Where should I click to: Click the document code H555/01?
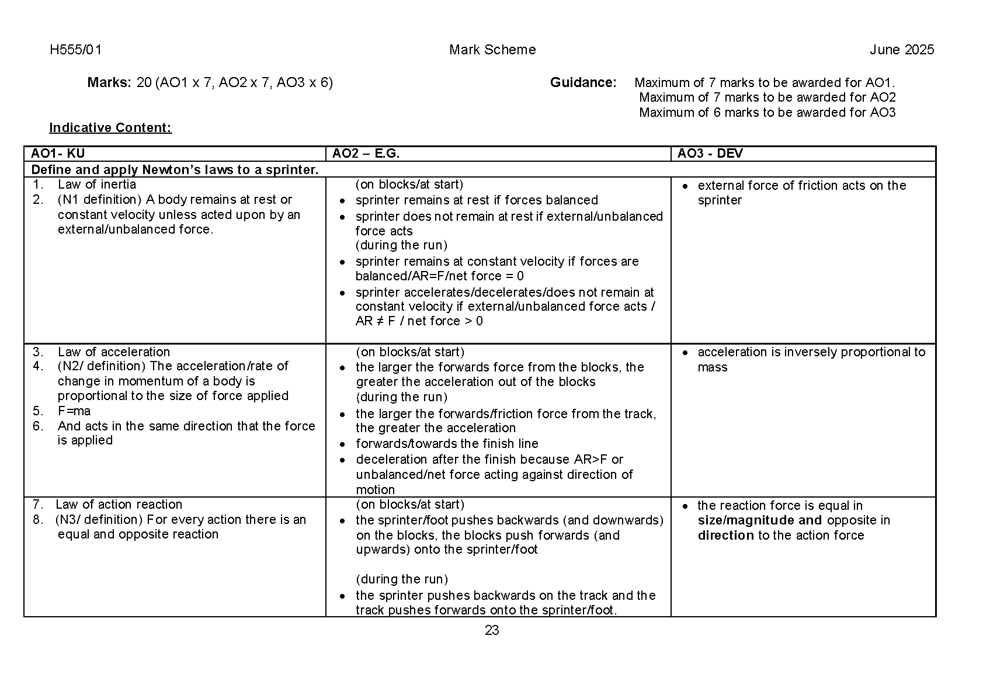pos(76,50)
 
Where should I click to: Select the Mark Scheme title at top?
pos(492,50)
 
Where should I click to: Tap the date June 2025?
pos(901,50)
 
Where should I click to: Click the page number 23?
pos(492,630)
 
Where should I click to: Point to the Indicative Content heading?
pos(110,128)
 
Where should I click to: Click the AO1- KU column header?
pos(58,154)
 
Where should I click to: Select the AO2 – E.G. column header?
pos(366,154)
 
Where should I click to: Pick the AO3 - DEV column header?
pos(710,154)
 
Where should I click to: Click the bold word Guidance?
pos(583,82)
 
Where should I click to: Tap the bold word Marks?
pos(109,82)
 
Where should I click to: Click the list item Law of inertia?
pos(97,185)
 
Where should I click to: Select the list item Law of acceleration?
pos(114,352)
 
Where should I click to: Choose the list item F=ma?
pos(74,411)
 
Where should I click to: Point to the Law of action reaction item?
pos(119,505)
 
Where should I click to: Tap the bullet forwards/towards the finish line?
pos(447,444)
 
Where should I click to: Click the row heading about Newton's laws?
pos(175,170)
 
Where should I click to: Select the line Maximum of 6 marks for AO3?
pos(767,113)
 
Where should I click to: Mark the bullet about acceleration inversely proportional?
pos(811,359)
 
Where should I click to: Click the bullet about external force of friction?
pos(801,193)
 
